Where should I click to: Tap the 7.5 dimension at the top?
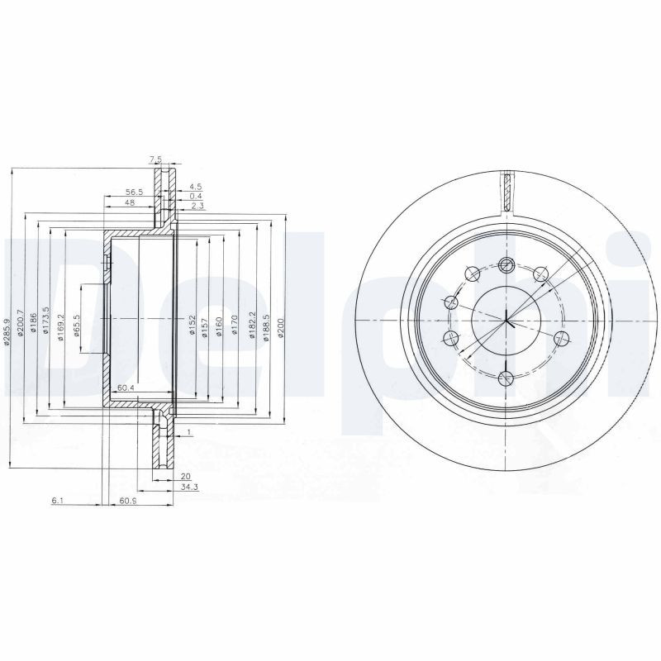click(x=155, y=159)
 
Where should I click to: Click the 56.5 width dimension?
click(x=135, y=191)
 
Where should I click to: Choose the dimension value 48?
click(x=130, y=202)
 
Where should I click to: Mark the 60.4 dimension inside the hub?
click(x=126, y=388)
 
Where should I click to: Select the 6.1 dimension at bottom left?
click(x=56, y=501)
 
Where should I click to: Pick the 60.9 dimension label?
click(x=127, y=501)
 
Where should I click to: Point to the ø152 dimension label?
click(x=191, y=322)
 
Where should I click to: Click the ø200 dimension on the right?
click(x=281, y=322)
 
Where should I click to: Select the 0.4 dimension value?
click(x=195, y=196)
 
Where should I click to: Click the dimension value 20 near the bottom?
click(x=185, y=476)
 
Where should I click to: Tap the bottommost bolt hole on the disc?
click(x=506, y=378)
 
